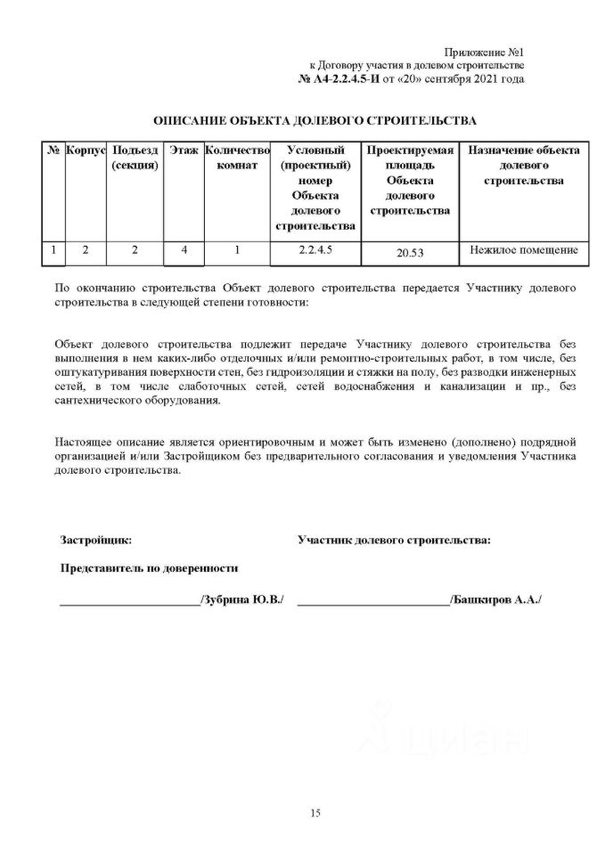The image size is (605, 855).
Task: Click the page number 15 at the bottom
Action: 315,812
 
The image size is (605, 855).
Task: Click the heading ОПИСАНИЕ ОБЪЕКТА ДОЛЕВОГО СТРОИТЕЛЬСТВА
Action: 315,119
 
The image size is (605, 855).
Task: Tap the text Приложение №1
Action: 488,53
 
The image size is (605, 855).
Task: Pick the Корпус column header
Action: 86,151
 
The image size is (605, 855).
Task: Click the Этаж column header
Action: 184,151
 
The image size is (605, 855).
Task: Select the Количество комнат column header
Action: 236,158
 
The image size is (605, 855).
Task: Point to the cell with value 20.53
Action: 410,253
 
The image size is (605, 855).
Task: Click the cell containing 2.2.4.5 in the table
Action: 316,250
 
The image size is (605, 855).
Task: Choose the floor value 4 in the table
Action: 184,251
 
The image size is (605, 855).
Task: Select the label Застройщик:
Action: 95,540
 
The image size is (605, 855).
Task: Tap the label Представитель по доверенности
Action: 149,567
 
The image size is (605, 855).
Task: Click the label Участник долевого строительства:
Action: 395,540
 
